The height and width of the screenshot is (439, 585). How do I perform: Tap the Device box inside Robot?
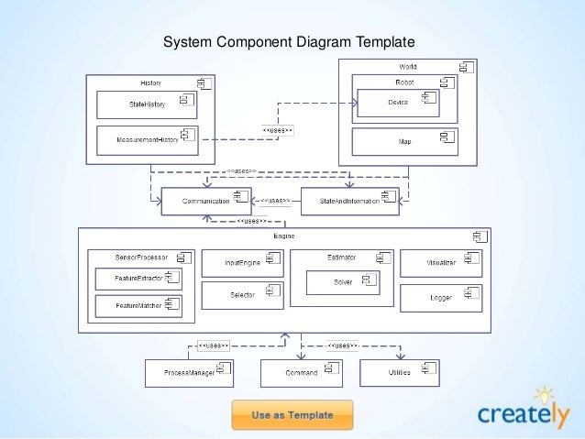click(397, 103)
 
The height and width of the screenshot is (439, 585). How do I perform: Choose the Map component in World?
click(404, 141)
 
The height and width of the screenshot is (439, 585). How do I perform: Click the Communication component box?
click(206, 201)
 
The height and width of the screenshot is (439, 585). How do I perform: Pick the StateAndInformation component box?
click(349, 201)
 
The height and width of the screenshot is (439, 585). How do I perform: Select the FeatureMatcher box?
click(138, 305)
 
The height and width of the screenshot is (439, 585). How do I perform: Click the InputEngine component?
click(241, 262)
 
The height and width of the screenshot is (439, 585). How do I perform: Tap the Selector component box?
click(241, 294)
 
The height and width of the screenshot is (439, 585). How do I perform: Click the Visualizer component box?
click(442, 262)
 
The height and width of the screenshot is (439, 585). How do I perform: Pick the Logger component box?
click(442, 297)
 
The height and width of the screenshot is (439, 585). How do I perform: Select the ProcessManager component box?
click(189, 373)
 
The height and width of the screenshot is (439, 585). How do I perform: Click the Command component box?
click(302, 373)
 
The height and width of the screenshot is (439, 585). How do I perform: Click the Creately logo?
click(523, 412)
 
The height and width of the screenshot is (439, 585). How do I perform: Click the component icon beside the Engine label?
click(476, 236)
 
